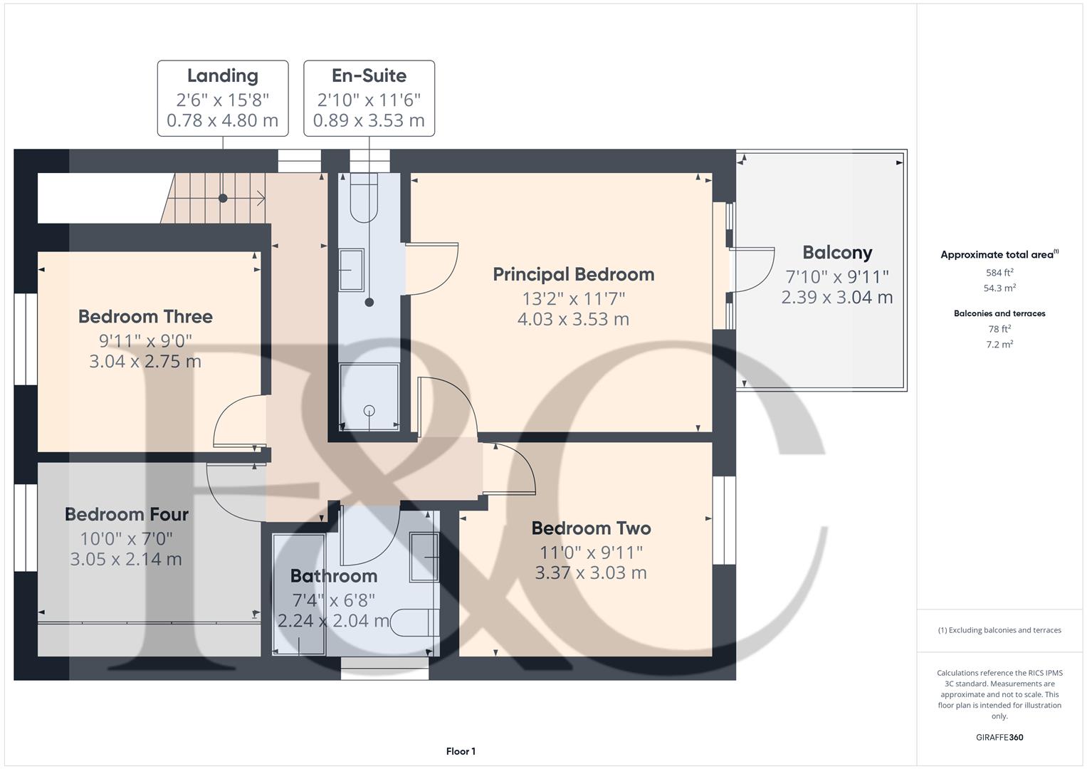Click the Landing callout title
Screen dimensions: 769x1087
(x=222, y=75)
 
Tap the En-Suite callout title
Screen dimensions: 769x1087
(x=369, y=75)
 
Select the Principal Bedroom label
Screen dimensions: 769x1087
(x=573, y=274)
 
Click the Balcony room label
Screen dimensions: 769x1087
(x=836, y=253)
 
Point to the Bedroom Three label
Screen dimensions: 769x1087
(x=145, y=316)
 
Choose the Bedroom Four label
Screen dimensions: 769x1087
(x=127, y=514)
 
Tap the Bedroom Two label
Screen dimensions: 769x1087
(x=591, y=528)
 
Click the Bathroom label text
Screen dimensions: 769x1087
(x=333, y=576)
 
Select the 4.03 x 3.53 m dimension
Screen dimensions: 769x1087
(x=573, y=319)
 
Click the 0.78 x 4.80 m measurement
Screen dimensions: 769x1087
(x=222, y=120)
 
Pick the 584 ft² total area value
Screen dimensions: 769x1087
(x=999, y=273)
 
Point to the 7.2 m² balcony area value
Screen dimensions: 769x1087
(x=999, y=345)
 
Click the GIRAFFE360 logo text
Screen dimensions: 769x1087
(x=999, y=737)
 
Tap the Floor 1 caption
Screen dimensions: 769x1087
(x=461, y=751)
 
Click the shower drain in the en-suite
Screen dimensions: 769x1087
(x=369, y=410)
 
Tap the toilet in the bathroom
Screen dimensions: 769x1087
(x=416, y=622)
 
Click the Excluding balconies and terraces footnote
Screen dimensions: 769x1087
(x=999, y=630)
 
